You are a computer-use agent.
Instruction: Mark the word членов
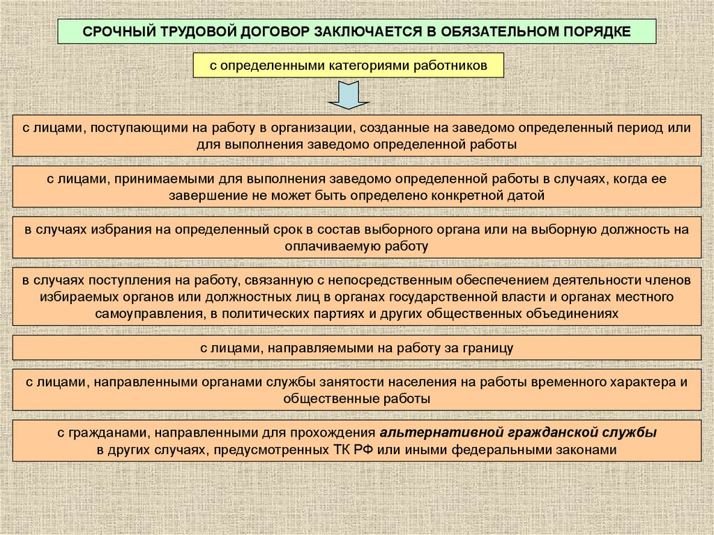point(667,280)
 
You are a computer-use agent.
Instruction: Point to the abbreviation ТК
point(337,450)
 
